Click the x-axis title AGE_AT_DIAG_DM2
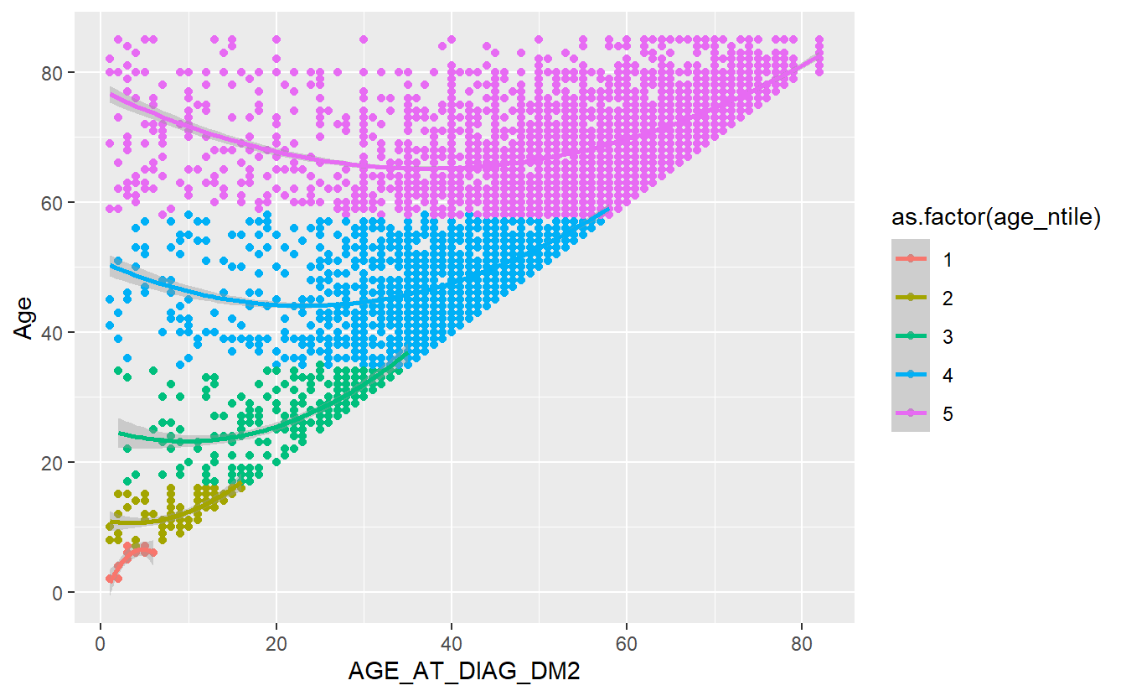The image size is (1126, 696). click(x=465, y=674)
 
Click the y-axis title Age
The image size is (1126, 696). click(x=26, y=319)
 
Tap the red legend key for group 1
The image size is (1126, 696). click(x=911, y=259)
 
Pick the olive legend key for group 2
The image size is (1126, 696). click(x=911, y=298)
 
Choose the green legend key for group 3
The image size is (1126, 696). click(x=911, y=336)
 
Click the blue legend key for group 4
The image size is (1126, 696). click(x=911, y=375)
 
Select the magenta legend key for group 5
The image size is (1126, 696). click(x=911, y=413)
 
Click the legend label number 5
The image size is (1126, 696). click(x=948, y=413)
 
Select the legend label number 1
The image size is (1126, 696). click(x=948, y=259)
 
